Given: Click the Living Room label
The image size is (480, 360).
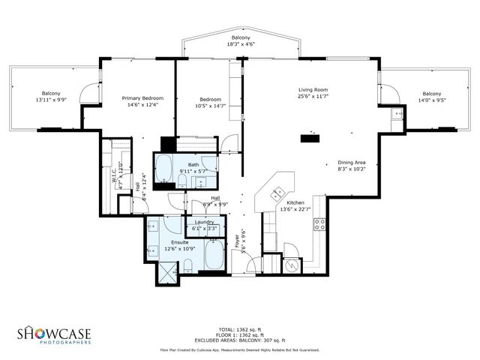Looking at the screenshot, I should (313, 90).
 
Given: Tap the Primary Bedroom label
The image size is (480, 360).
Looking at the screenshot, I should (142, 98).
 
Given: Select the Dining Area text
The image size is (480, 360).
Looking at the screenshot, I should (351, 163).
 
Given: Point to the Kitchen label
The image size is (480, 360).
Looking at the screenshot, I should (295, 202).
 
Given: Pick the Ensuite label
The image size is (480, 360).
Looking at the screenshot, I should (180, 242).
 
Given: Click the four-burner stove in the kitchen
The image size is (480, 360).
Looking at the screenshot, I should (319, 223).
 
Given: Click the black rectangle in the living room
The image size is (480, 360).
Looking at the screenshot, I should (308, 138).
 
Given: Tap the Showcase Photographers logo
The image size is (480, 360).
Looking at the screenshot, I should (53, 334).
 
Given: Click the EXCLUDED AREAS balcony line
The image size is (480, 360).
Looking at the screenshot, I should (240, 340).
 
